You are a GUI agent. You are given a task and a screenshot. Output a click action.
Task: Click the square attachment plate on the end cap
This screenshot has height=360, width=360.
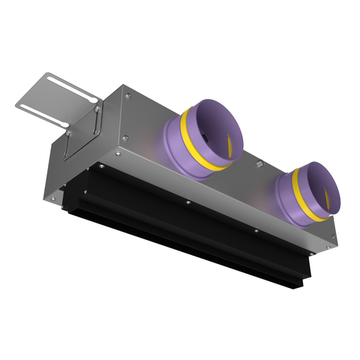[x=82, y=138]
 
